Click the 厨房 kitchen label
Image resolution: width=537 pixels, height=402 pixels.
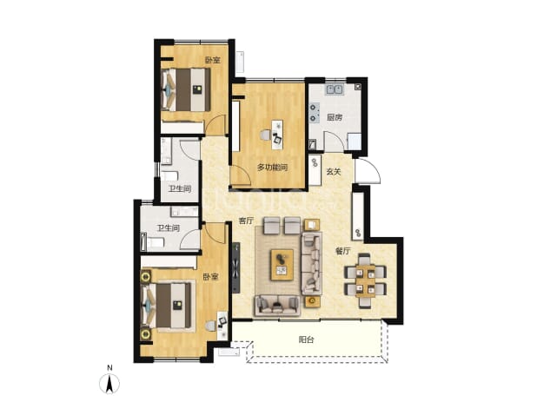335,117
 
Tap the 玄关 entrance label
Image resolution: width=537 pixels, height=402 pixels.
333,171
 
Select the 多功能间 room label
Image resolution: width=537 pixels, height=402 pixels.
272,168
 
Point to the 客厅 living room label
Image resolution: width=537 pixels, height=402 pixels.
246,221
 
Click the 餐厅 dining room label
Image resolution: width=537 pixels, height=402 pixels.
342,251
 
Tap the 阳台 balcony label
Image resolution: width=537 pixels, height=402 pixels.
306,339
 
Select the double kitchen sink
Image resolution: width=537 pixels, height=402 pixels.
335,89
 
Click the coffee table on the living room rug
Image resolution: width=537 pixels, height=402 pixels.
282,265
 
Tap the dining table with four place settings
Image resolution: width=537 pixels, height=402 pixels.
365,280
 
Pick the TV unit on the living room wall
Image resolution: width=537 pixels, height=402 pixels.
236,267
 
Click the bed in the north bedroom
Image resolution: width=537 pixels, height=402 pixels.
186,89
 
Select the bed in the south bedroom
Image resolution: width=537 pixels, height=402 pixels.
167,306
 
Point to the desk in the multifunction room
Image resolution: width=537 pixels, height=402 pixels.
277,135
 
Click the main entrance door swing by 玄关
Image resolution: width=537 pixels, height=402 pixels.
368,171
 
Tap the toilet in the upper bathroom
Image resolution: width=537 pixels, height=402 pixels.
169,176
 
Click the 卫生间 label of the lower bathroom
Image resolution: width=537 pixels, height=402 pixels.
169,227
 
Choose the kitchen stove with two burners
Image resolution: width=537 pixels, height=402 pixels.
314,113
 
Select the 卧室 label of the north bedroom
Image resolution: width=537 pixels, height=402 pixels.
212,61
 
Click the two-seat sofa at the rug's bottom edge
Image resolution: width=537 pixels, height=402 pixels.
277,305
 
